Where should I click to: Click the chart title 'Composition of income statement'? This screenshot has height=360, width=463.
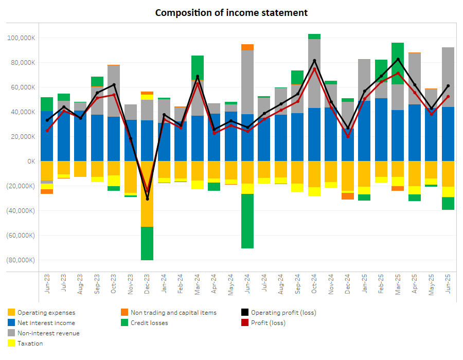click(232, 12)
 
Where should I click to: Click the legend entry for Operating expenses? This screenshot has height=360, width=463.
click(46, 313)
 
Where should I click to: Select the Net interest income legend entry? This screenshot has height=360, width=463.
click(46, 323)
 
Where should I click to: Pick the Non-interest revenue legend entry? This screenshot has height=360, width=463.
click(48, 333)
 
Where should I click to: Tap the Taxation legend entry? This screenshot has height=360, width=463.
click(30, 344)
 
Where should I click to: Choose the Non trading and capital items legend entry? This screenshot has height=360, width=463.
click(173, 313)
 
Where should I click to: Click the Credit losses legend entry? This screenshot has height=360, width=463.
click(149, 323)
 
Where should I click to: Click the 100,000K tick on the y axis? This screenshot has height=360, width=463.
click(21, 38)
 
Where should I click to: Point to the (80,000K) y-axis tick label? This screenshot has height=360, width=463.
click(21, 260)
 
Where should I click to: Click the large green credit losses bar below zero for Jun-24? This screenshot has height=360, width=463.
click(247, 221)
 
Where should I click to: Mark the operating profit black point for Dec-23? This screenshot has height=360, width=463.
click(147, 199)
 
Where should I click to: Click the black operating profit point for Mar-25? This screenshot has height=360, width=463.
click(398, 59)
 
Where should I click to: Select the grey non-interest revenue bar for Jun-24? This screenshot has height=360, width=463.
click(247, 82)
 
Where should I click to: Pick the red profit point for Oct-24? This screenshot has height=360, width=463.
click(314, 69)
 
